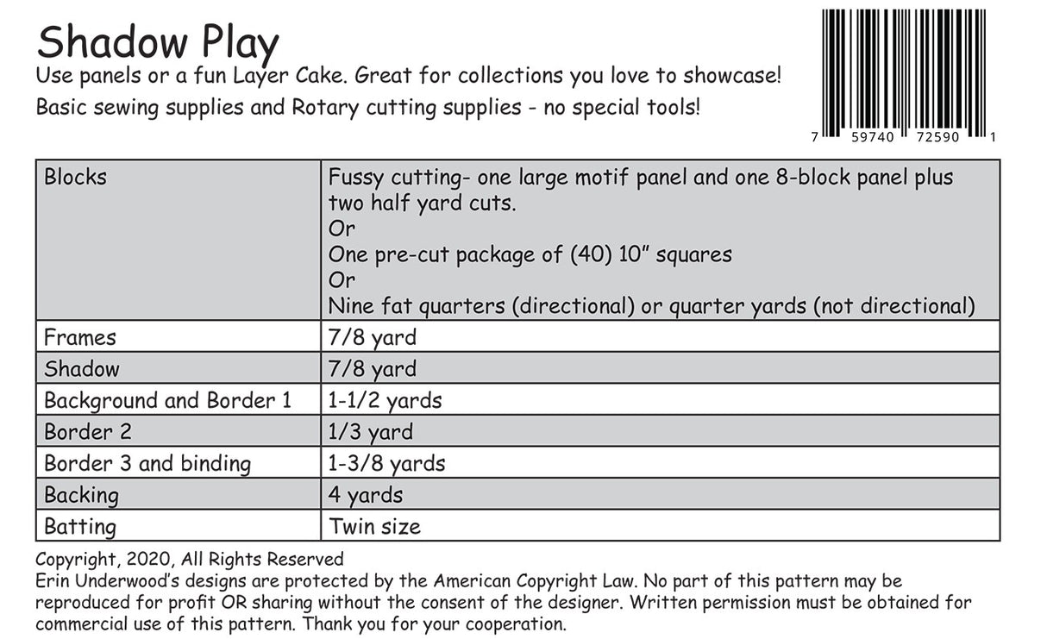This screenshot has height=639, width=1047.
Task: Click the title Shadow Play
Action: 158,43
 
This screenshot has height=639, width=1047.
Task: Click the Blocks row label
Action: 76,177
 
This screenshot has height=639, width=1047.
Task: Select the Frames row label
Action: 80,337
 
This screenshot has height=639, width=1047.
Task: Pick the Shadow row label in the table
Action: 82,369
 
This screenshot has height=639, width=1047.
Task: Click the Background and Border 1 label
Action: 167,401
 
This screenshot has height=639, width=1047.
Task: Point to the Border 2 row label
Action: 88,432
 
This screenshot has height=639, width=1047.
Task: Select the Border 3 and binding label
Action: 147,464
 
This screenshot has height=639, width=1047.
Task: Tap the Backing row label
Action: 81,495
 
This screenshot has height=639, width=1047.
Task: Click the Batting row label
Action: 80,526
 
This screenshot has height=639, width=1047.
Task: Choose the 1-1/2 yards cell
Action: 385,401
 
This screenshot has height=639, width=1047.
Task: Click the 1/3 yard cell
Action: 370,432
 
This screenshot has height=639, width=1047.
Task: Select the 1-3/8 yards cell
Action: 386,464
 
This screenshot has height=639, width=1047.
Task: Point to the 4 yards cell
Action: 366,495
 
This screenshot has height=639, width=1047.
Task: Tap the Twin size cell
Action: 375,526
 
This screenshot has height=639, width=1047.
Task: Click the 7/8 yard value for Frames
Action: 372,337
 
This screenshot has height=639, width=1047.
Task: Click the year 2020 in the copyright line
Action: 139,560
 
